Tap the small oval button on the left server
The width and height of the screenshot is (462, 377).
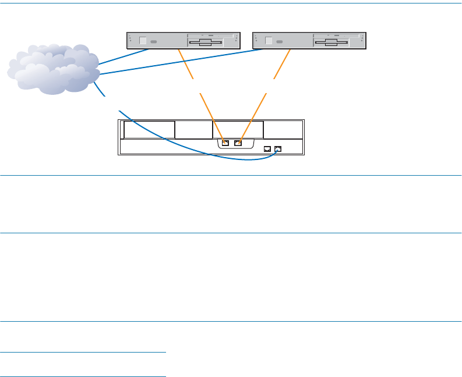(154, 42)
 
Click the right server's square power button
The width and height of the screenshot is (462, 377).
(269, 41)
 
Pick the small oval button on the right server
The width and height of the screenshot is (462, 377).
(280, 42)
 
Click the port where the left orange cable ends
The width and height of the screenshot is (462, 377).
(225, 143)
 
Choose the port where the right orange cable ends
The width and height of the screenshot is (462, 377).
(237, 143)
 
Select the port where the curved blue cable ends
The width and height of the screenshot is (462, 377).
(278, 149)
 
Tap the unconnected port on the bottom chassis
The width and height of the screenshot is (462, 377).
(267, 149)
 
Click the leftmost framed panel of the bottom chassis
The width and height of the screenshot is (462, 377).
(149, 130)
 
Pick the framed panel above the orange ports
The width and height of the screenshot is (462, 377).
(238, 129)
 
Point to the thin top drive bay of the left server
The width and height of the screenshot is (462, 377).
(211, 35)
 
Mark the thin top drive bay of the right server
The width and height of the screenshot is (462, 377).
(337, 35)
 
